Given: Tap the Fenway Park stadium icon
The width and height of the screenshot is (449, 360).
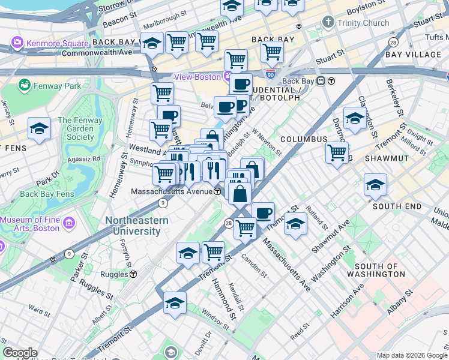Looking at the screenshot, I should [25, 86].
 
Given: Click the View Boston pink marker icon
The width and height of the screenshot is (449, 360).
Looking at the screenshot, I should [228, 77].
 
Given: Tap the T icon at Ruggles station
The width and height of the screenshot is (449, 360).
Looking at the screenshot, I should [133, 274].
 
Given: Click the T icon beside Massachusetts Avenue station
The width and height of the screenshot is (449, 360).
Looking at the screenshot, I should [217, 191].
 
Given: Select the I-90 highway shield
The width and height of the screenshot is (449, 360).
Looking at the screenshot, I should [271, 75].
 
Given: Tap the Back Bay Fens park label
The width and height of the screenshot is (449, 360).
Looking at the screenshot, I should [47, 194].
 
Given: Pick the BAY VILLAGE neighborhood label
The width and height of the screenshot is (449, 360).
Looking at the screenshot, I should [413, 55].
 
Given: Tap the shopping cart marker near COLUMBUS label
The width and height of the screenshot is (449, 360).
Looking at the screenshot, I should [337, 152].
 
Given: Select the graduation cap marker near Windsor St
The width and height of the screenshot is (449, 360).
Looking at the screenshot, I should [175, 303].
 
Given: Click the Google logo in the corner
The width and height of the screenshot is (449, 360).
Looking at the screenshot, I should [19, 353].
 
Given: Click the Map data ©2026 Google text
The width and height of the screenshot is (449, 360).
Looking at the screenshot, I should [411, 355].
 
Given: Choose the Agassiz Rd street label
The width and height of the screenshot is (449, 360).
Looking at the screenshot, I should [83, 159].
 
